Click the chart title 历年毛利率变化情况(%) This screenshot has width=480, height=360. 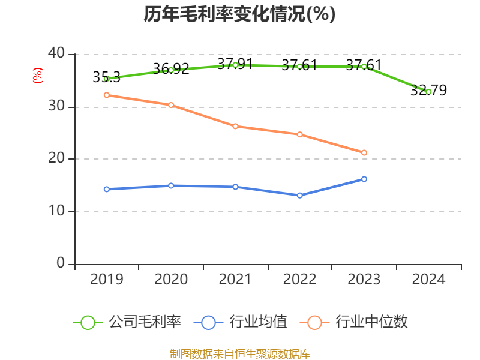pyautogui.click(x=239, y=14)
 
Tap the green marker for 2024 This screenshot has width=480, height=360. pyautogui.click(x=428, y=92)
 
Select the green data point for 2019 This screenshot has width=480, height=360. pyautogui.click(x=107, y=79)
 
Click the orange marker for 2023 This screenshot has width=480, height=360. pyautogui.click(x=364, y=153)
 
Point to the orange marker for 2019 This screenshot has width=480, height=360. pyautogui.click(x=107, y=95)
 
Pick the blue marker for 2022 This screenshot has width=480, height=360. pyautogui.click(x=299, y=196)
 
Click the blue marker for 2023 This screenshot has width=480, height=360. pyautogui.click(x=364, y=179)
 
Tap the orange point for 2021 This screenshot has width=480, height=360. pyautogui.click(x=235, y=127)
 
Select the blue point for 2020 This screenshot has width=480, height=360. pyautogui.click(x=171, y=186)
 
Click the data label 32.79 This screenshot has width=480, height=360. pyautogui.click(x=428, y=90)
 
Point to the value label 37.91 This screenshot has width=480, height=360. pyautogui.click(x=235, y=64)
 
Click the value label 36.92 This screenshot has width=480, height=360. pyautogui.click(x=171, y=68)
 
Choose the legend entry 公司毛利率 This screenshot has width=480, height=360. pyautogui.click(x=127, y=322)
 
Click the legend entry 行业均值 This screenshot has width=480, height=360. pyautogui.click(x=241, y=322)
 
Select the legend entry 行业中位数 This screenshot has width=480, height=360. pyautogui.click(x=353, y=322)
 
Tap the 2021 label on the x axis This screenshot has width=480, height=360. pyautogui.click(x=235, y=279)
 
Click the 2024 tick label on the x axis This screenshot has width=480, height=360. pyautogui.click(x=428, y=279)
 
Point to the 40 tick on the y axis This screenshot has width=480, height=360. pyautogui.click(x=56, y=53)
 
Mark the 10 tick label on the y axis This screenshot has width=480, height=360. pyautogui.click(x=56, y=211)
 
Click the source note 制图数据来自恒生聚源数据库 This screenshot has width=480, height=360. pyautogui.click(x=239, y=354)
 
